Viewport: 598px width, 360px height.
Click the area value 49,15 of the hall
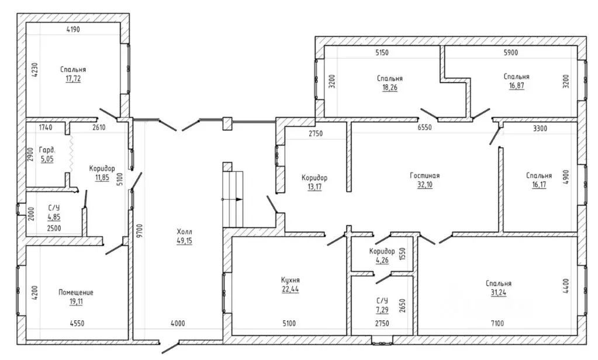click(x=185, y=241)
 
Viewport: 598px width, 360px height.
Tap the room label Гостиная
click(x=425, y=175)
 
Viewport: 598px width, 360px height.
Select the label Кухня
click(x=291, y=281)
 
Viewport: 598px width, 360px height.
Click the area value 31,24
click(x=499, y=292)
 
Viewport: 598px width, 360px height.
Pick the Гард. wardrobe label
click(x=47, y=150)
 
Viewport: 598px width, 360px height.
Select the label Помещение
click(x=76, y=292)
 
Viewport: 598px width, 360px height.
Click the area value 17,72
click(x=73, y=78)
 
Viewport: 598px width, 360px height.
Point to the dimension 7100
click(x=497, y=323)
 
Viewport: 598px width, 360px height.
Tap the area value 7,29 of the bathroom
click(x=382, y=309)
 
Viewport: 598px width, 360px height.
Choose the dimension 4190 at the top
click(x=73, y=29)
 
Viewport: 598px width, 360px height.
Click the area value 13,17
click(x=314, y=187)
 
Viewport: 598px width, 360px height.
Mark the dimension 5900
click(x=511, y=53)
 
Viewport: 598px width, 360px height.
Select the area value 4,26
click(x=382, y=261)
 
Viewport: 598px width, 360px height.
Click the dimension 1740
click(x=46, y=127)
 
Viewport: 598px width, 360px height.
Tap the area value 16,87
click(x=516, y=85)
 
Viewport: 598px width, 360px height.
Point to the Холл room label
click(x=185, y=232)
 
